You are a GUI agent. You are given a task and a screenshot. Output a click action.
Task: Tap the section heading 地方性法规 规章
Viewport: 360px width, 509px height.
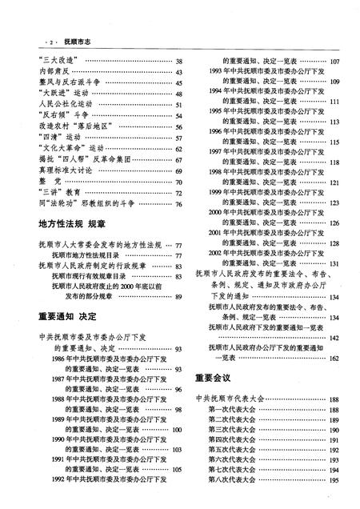[x=74, y=225]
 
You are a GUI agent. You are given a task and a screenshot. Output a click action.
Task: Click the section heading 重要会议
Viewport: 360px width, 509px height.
[x=213, y=376]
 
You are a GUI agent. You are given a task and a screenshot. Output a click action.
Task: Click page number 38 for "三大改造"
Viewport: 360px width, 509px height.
[x=179, y=61]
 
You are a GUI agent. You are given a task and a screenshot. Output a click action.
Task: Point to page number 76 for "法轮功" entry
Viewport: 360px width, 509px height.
[x=179, y=204]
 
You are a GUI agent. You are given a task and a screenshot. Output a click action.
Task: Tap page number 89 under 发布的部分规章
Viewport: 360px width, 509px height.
[x=179, y=297]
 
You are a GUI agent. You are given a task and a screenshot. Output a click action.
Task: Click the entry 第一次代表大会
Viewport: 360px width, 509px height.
[x=232, y=410]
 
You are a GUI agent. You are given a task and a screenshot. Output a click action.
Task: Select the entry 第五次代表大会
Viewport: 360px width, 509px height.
[x=232, y=450]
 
